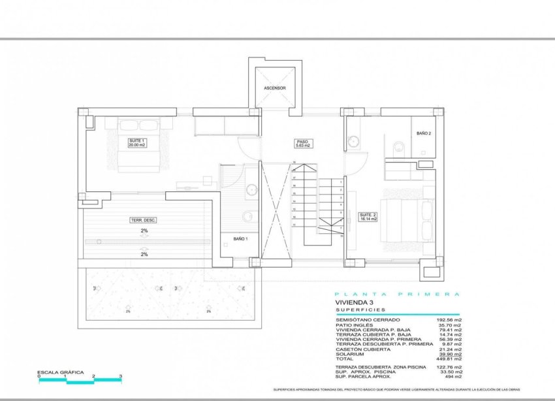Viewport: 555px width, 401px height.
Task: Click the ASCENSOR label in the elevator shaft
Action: click(x=275, y=88)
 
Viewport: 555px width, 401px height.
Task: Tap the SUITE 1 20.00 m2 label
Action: click(x=138, y=142)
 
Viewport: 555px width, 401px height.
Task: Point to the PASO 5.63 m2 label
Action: click(x=302, y=143)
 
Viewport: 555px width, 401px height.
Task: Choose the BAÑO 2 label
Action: click(x=424, y=133)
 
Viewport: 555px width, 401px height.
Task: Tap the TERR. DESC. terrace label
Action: click(x=143, y=220)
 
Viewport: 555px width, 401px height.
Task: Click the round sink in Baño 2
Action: click(x=355, y=139)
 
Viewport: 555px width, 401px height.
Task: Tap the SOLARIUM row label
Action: click(x=350, y=353)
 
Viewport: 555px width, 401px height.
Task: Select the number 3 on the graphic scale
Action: click(x=121, y=377)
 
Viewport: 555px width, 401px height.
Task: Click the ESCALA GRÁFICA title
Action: click(x=61, y=371)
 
